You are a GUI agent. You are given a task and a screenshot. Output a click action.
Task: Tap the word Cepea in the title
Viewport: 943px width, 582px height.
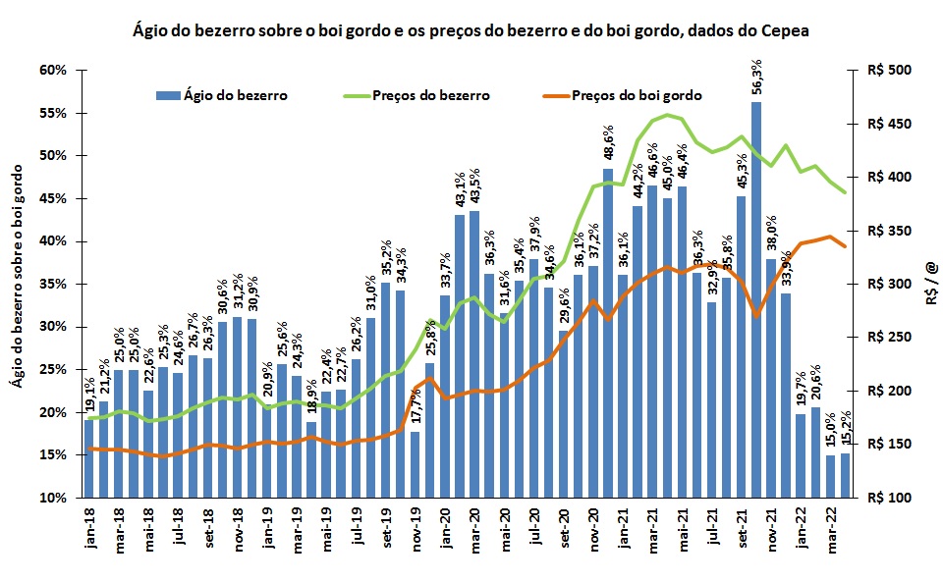click(x=782, y=30)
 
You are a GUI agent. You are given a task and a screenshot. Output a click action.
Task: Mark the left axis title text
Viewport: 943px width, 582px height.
click(x=19, y=285)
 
